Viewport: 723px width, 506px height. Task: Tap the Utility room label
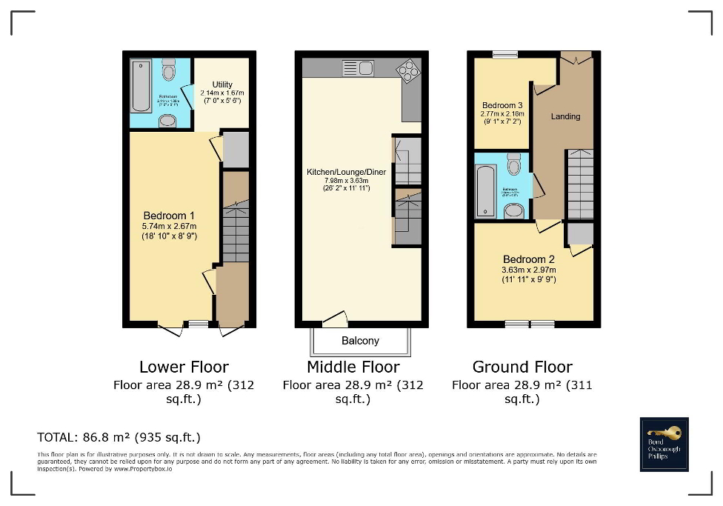click(221, 84)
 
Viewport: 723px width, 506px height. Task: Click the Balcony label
click(360, 341)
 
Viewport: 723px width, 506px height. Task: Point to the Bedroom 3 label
click(502, 105)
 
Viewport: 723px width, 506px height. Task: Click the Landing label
click(565, 116)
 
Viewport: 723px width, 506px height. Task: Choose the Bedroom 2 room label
click(529, 259)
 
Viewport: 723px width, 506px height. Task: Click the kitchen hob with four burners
click(407, 70)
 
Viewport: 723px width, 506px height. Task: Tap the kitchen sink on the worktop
click(357, 68)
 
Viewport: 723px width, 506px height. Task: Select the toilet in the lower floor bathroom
click(168, 70)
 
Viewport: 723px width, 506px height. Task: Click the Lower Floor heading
click(184, 367)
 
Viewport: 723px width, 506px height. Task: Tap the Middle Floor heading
click(353, 367)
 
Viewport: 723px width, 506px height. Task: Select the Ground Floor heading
click(522, 367)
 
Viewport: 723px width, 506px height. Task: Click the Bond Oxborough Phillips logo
click(664, 445)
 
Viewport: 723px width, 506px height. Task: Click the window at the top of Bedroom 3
click(506, 54)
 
